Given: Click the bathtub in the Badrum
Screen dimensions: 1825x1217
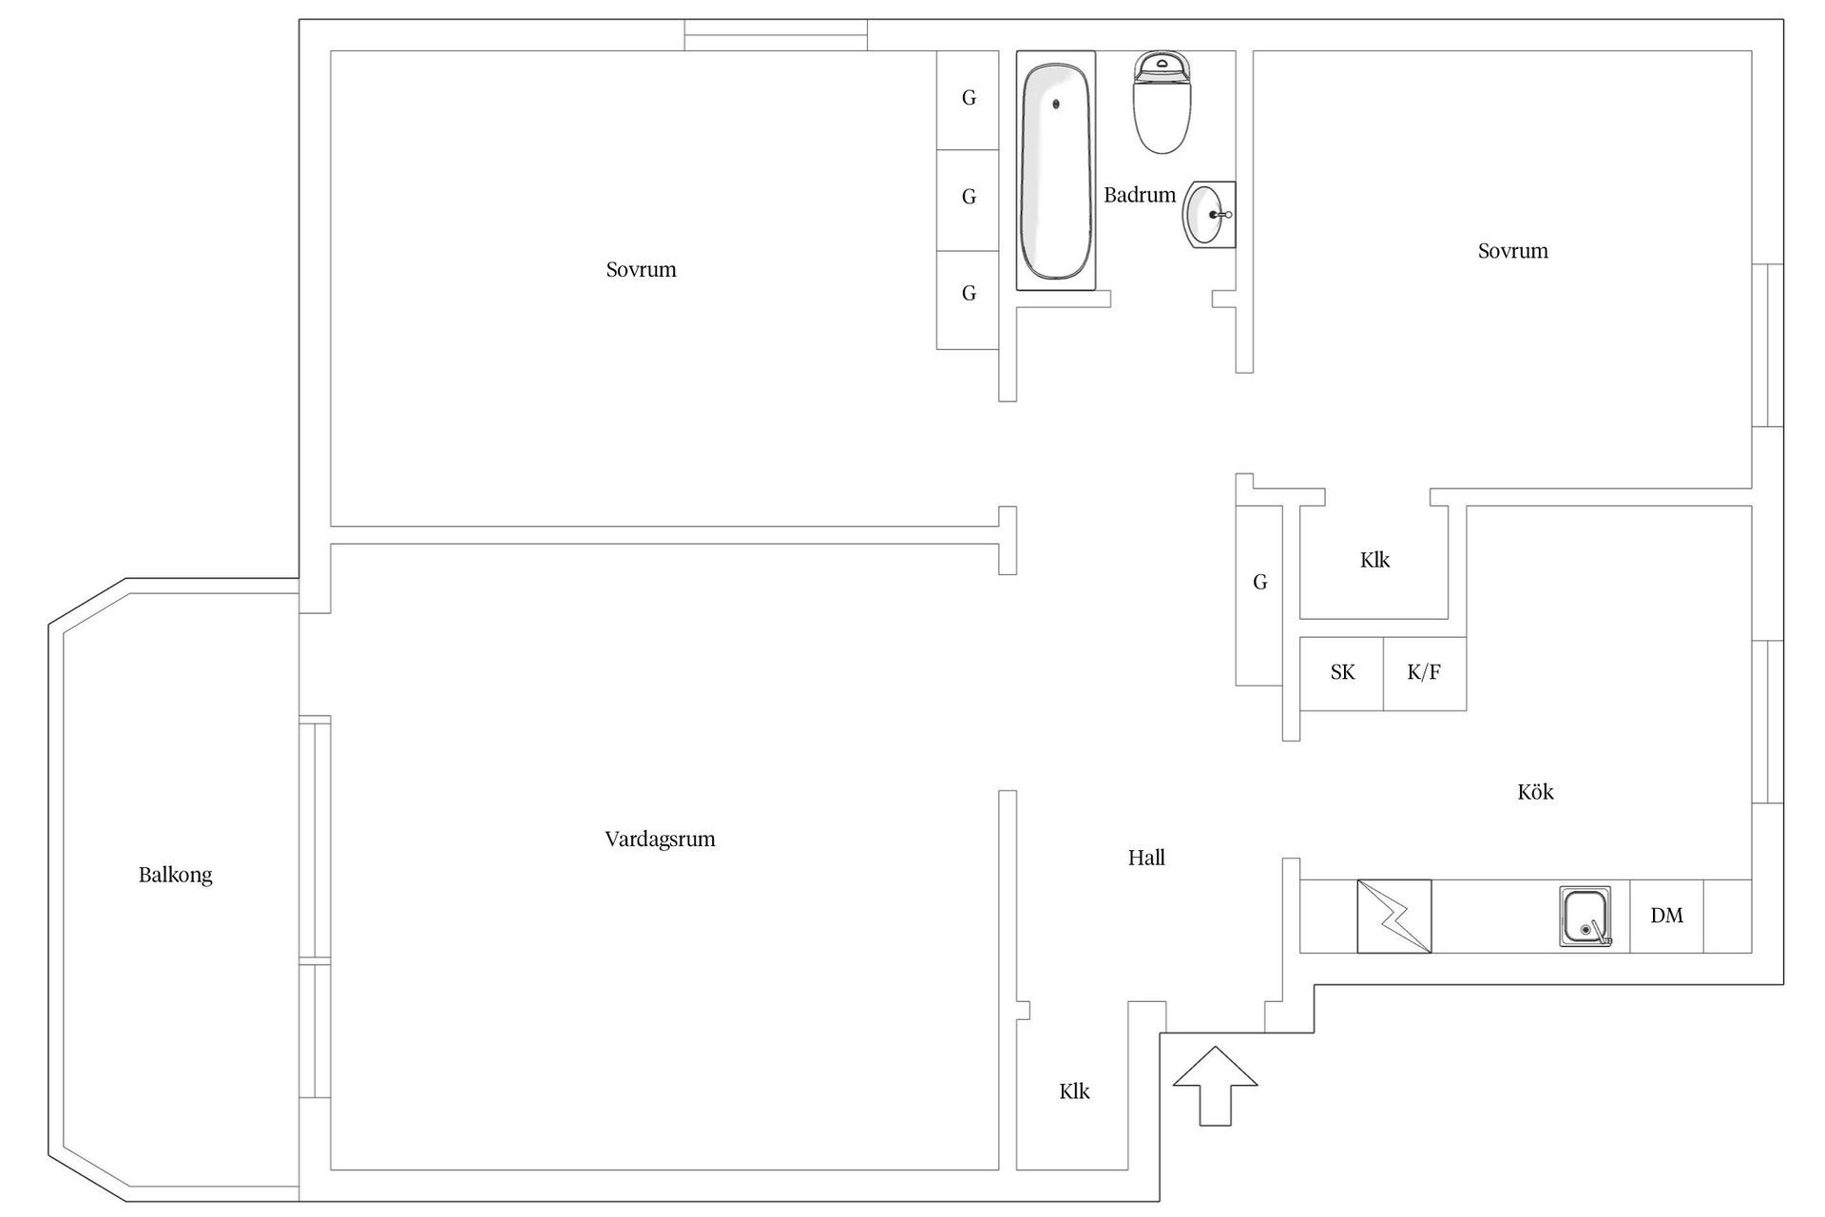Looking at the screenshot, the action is click(1055, 171).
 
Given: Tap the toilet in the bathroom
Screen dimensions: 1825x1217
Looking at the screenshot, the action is click(1162, 103).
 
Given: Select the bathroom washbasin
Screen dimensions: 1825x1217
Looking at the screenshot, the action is click(1209, 215).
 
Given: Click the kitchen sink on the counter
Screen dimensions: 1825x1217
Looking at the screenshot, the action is click(1585, 917).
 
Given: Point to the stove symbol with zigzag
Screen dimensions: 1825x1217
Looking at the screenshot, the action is click(1393, 917).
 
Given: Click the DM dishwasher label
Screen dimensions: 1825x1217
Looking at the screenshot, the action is click(1666, 916).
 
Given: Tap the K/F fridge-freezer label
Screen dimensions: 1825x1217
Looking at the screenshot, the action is click(1424, 672).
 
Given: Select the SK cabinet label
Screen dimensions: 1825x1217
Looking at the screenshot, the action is click(1342, 672).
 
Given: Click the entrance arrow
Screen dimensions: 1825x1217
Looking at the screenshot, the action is click(1215, 1086).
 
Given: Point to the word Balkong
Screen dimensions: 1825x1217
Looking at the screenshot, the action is click(176, 875).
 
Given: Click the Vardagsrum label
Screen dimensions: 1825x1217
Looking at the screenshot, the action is click(660, 839).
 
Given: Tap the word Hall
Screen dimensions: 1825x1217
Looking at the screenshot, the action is click(1146, 858).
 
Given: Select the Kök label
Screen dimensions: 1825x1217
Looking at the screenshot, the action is click(1535, 791).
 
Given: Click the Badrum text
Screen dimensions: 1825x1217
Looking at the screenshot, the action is click(1140, 195).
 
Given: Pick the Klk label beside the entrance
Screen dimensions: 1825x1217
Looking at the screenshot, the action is click(1074, 1091).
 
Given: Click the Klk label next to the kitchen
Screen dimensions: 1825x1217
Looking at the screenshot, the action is click(1374, 560).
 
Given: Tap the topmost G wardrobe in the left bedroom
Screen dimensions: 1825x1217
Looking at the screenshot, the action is click(969, 98).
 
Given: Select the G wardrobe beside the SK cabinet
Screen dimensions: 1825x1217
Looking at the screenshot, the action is click(1259, 594).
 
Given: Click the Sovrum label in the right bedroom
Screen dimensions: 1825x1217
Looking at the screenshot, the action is click(1512, 251).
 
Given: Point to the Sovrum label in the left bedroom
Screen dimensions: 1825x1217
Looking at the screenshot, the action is click(641, 270).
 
